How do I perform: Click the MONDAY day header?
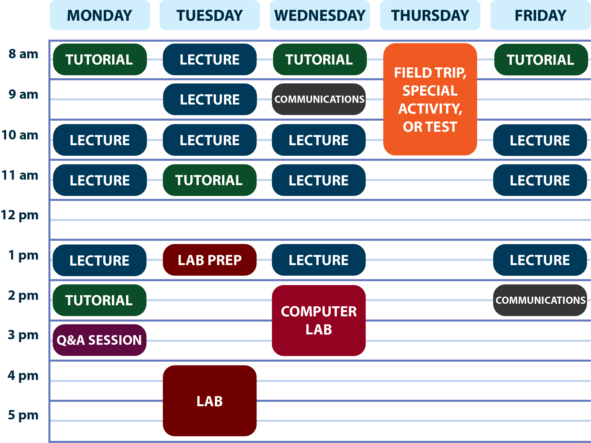tap(100, 15)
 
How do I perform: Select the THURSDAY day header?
tap(430, 15)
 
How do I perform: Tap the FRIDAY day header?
tap(540, 15)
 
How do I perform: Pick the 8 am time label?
tap(23, 54)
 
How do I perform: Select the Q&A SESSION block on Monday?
tap(100, 340)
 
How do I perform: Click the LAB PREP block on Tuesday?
tap(210, 260)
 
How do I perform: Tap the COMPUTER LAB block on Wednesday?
tap(319, 320)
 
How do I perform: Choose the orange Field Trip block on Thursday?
tap(430, 99)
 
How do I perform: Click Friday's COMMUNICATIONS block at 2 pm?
tap(540, 300)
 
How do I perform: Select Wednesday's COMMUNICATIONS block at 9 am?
tap(319, 99)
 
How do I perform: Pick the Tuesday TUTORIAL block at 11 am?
tap(210, 180)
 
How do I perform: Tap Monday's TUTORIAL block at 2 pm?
tap(100, 300)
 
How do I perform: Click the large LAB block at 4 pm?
tap(210, 401)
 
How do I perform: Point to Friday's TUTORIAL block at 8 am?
tap(541, 60)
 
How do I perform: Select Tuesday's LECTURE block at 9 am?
tap(210, 99)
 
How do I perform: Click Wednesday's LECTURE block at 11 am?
tap(319, 180)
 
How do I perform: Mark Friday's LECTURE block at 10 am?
tap(540, 140)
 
